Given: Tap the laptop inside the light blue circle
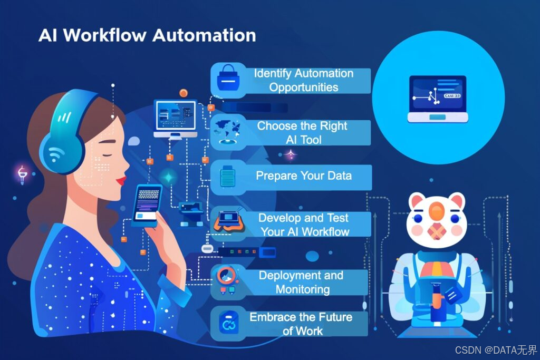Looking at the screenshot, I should click(438, 99).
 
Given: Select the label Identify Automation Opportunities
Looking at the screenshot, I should click(303, 80).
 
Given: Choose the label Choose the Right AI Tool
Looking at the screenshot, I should click(302, 133).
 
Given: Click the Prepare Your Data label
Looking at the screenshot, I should click(303, 176).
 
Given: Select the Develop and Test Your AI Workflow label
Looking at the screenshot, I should click(304, 225).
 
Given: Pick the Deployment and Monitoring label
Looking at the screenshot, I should click(301, 282).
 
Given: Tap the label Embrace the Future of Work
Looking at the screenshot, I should click(301, 324).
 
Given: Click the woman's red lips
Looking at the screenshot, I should click(122, 180).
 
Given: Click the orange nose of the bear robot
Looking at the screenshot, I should click(436, 211).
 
